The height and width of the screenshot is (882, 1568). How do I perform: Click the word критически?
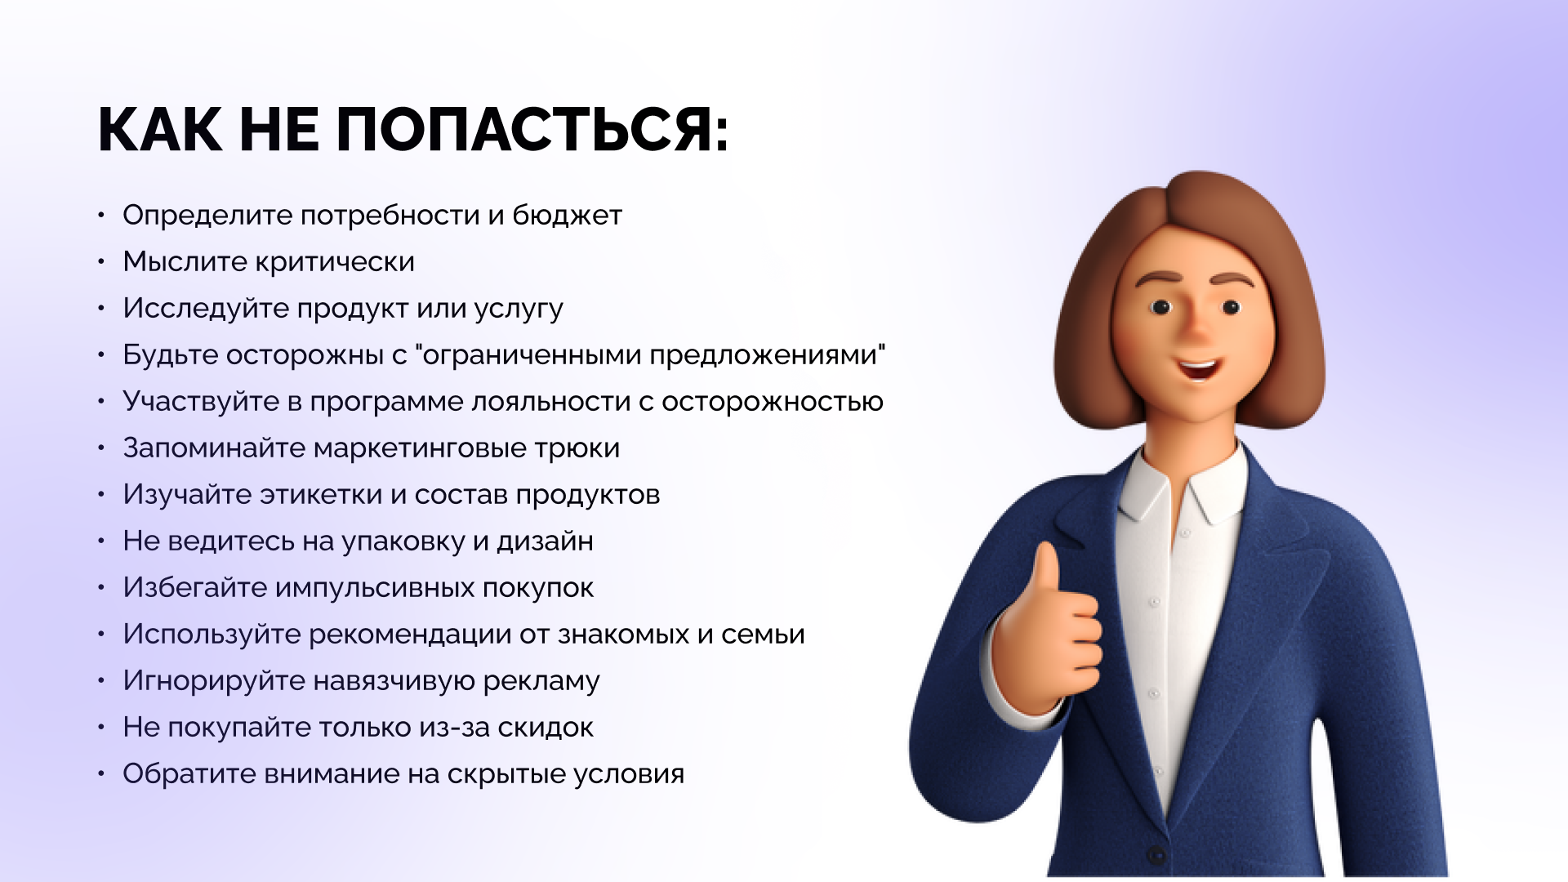click(x=336, y=262)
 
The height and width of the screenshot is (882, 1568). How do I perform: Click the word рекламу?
click(x=541, y=682)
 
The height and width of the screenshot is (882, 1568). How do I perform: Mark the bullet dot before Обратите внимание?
click(x=101, y=773)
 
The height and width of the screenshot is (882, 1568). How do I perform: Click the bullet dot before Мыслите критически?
click(x=101, y=261)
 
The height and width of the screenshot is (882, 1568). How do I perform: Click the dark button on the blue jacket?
click(x=1156, y=855)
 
